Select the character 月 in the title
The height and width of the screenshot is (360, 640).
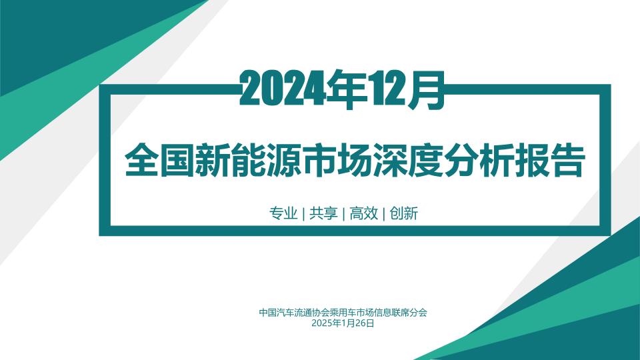click(428, 89)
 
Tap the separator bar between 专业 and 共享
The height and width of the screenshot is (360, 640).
click(303, 214)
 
